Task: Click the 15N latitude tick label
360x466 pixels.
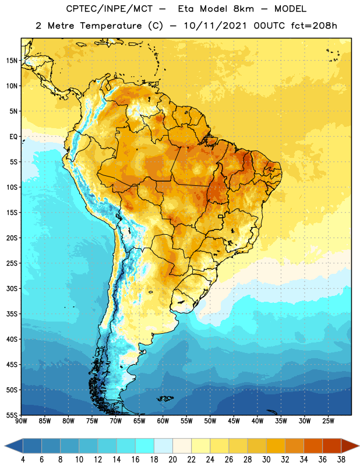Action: pyautogui.click(x=12, y=61)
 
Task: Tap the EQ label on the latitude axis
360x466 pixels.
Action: pyautogui.click(x=13, y=137)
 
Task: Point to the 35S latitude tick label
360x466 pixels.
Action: pyautogui.click(x=12, y=314)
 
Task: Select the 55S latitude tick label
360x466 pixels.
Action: pyautogui.click(x=12, y=415)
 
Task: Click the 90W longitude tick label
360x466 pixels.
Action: pyautogui.click(x=21, y=421)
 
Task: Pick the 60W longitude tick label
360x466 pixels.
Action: pyautogui.click(x=163, y=421)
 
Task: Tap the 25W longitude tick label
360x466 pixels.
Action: pyautogui.click(x=328, y=421)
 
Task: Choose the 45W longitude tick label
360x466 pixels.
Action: pyautogui.click(x=234, y=421)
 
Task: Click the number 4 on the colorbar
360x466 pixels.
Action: pyautogui.click(x=23, y=460)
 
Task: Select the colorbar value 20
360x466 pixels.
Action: pyautogui.click(x=172, y=460)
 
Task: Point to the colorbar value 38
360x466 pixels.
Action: pyautogui.click(x=341, y=460)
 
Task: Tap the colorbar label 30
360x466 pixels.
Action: pyautogui.click(x=266, y=460)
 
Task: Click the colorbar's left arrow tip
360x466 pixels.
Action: pyautogui.click(x=5, y=446)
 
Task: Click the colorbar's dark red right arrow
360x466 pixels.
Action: pyautogui.click(x=350, y=446)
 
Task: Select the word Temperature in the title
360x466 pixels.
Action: pyautogui.click(x=111, y=26)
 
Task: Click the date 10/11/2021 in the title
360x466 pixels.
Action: pyautogui.click(x=215, y=26)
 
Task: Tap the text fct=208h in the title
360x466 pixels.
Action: pyautogui.click(x=314, y=26)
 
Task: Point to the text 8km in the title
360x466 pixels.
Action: pyautogui.click(x=243, y=9)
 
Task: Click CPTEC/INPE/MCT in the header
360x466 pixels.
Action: pyautogui.click(x=109, y=9)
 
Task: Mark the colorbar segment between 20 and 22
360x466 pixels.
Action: pyautogui.click(x=182, y=446)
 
